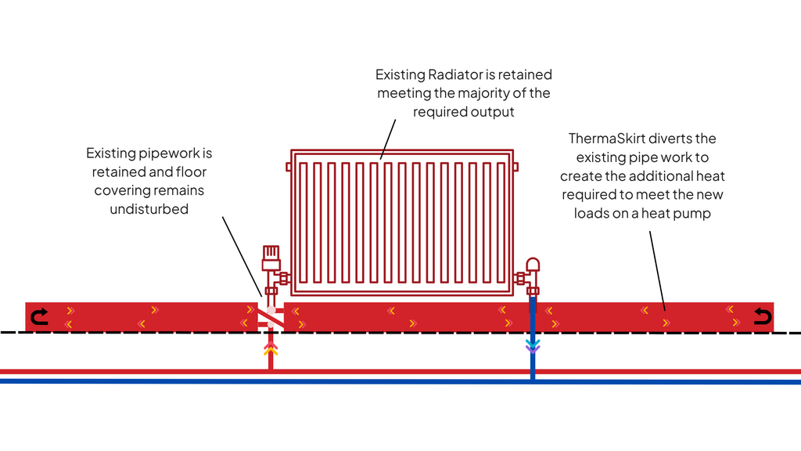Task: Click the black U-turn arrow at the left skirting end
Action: (x=38, y=316)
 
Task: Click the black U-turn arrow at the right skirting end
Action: (x=761, y=316)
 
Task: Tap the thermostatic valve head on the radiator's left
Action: (x=270, y=254)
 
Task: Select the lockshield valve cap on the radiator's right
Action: (x=533, y=265)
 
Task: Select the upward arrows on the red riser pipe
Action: (x=271, y=348)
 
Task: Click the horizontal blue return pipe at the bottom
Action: (x=391, y=381)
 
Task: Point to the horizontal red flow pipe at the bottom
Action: (x=391, y=370)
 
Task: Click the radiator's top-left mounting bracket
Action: (x=289, y=166)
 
